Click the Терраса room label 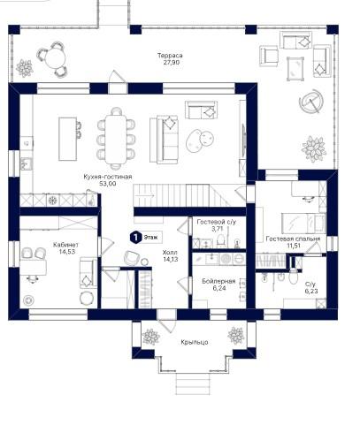(170, 56)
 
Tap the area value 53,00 (108, 184)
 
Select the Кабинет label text (65, 245)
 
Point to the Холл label (170, 253)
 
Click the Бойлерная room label (218, 281)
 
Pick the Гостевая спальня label (293, 239)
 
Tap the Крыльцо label (195, 342)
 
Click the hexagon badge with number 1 (135, 237)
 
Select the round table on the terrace (55, 58)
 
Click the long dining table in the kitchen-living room (116, 139)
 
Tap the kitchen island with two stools (67, 139)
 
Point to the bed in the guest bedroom (303, 224)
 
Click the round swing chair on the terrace (311, 102)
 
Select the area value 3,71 (217, 229)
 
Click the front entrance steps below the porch (193, 383)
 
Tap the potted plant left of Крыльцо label (150, 337)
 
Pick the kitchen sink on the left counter (26, 163)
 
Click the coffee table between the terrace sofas (295, 68)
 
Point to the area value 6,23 (310, 292)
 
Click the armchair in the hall (132, 258)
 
